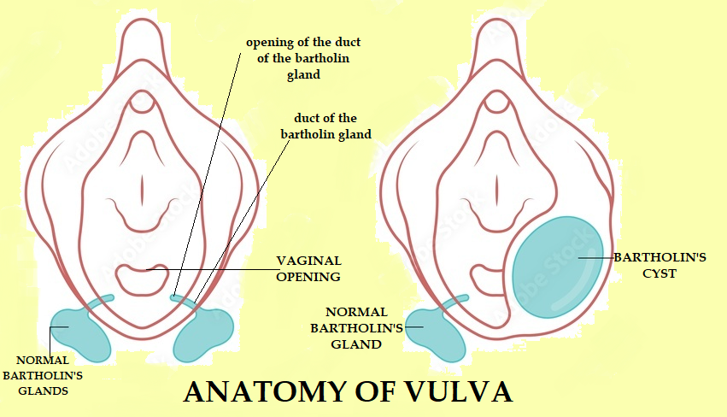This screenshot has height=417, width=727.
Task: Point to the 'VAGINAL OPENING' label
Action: coord(308,268)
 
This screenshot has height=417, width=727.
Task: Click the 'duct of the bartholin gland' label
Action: coord(325,126)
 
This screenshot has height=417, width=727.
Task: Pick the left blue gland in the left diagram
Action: coord(81,332)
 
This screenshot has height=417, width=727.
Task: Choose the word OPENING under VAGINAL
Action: coord(308,277)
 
